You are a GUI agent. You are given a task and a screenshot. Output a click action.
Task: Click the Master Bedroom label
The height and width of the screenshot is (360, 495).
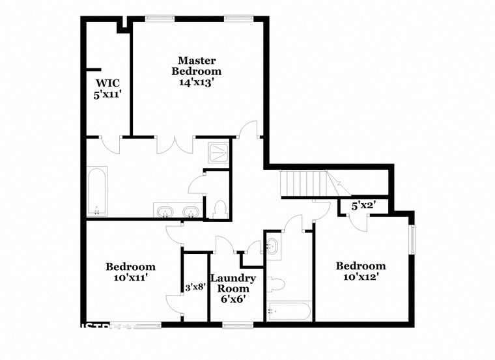[x=196, y=66]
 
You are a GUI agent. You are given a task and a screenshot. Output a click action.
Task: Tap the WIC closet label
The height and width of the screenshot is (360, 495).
[x=107, y=83]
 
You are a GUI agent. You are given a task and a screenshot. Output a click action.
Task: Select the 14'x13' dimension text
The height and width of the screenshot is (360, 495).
[x=196, y=83]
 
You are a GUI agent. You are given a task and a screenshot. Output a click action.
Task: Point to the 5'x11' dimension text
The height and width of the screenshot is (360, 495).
[x=107, y=94]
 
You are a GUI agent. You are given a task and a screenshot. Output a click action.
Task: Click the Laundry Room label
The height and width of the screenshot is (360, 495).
[x=233, y=283]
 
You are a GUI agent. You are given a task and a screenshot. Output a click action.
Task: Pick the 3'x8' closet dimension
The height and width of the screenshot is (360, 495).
[x=195, y=286]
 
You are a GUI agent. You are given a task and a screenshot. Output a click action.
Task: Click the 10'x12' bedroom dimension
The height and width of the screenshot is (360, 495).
[x=360, y=277]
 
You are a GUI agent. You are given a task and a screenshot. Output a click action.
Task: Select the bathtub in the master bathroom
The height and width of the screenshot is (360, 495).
[x=97, y=191]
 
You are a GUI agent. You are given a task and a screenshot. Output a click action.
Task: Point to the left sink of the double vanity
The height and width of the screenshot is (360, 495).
[x=163, y=212]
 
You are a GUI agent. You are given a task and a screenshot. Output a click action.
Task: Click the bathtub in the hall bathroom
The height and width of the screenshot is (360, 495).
[x=289, y=311]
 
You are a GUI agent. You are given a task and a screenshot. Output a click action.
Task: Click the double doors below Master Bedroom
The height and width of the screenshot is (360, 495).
[x=175, y=144]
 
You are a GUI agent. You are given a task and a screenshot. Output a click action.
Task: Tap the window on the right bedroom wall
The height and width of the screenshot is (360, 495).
[x=411, y=239]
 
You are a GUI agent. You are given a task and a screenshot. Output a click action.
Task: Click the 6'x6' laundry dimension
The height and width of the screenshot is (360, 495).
[x=233, y=299]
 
